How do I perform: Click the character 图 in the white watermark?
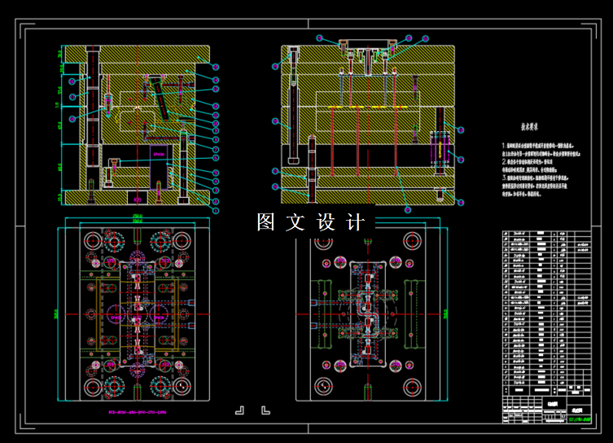click(x=267, y=221)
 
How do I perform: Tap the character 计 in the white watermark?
click(x=354, y=221)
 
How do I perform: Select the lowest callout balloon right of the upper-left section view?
click(x=217, y=210)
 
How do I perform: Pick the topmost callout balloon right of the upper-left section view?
click(x=217, y=67)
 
